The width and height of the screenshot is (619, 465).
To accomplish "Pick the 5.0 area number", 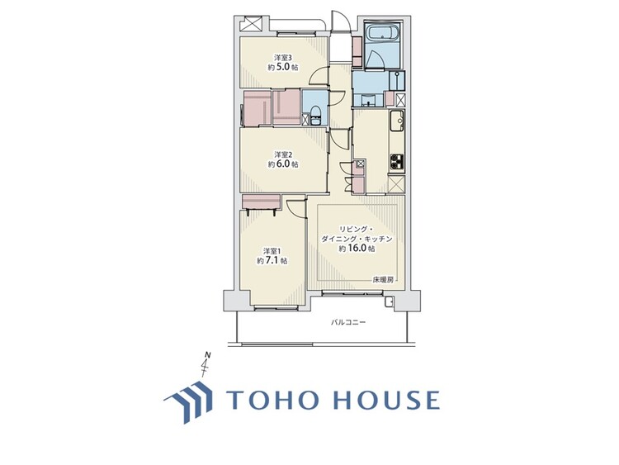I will click(x=288, y=69).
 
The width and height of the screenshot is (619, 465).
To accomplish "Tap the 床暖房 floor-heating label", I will click(x=383, y=279).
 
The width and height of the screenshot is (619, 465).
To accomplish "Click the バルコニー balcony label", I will click(x=348, y=322).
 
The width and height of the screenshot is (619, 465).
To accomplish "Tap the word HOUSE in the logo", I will click(x=386, y=400).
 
